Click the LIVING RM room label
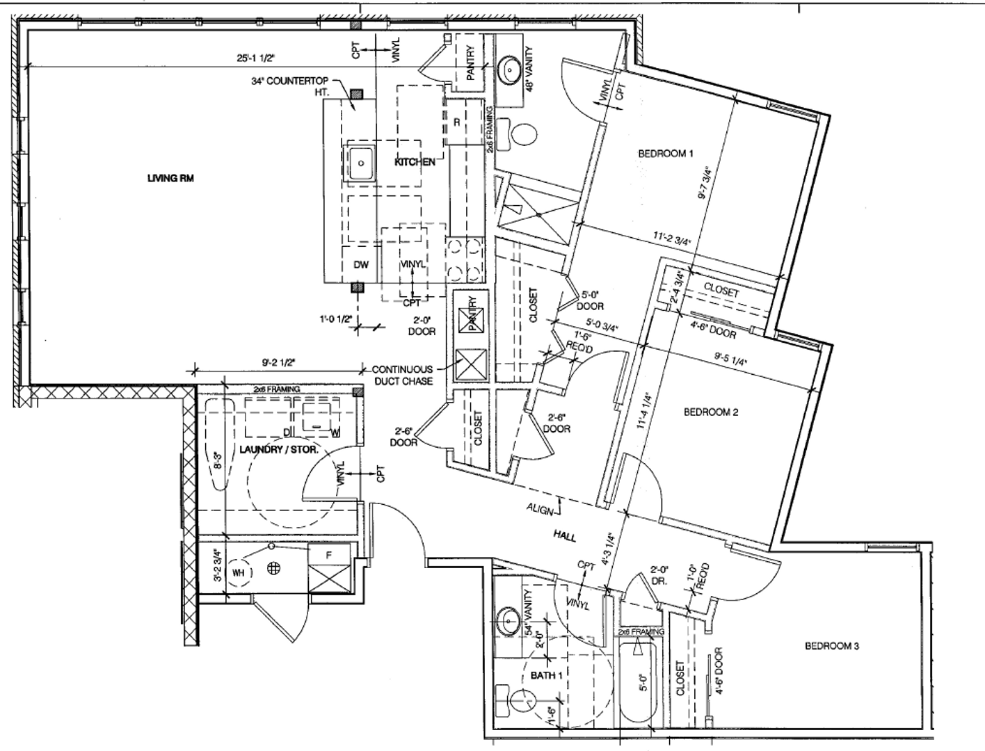[x=170, y=179]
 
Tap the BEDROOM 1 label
[x=666, y=154]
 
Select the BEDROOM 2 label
[x=711, y=412]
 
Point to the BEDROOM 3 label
[x=832, y=646]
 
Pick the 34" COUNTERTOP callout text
[x=290, y=81]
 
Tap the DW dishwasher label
[x=360, y=265]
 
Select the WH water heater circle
[x=239, y=573]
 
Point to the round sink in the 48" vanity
[x=511, y=70]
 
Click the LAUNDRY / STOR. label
[x=278, y=450]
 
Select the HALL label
[x=564, y=534]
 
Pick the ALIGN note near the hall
[x=540, y=510]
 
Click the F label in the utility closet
[x=329, y=555]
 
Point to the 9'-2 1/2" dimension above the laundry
[x=279, y=362]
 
